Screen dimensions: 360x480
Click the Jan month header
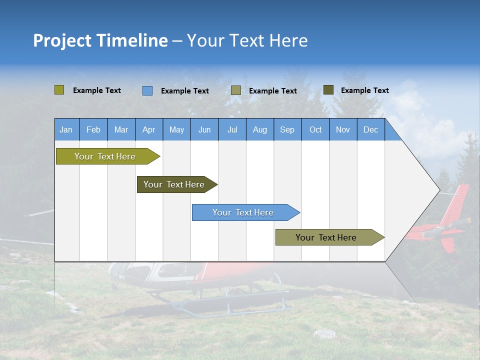66,129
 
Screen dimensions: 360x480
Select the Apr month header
148,129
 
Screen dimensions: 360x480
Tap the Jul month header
232,129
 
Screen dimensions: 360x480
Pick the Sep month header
287,129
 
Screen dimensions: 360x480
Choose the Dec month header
370,129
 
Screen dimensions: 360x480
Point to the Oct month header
315,129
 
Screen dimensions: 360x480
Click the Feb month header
93,129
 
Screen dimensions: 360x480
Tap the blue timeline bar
244,212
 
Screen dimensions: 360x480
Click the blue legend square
147,90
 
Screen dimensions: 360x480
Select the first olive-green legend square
59,90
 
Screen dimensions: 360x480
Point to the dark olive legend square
328,90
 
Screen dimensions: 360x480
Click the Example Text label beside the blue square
184,91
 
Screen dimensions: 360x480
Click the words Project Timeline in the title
100,40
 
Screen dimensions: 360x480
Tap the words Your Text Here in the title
247,40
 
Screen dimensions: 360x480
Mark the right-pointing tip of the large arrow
438,190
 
